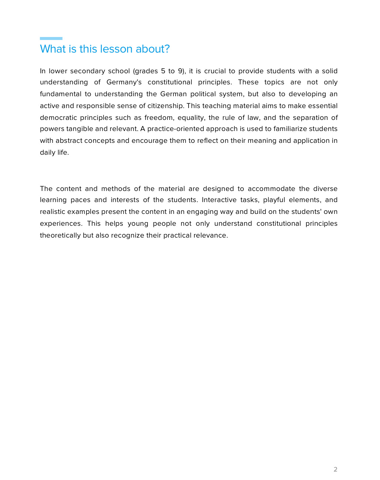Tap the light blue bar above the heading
click(x=51, y=38)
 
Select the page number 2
click(x=335, y=469)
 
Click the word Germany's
click(x=124, y=82)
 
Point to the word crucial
click(x=215, y=71)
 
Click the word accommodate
click(x=271, y=189)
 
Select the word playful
click(x=274, y=200)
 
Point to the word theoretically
click(x=60, y=235)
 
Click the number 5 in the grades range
click(x=163, y=71)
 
